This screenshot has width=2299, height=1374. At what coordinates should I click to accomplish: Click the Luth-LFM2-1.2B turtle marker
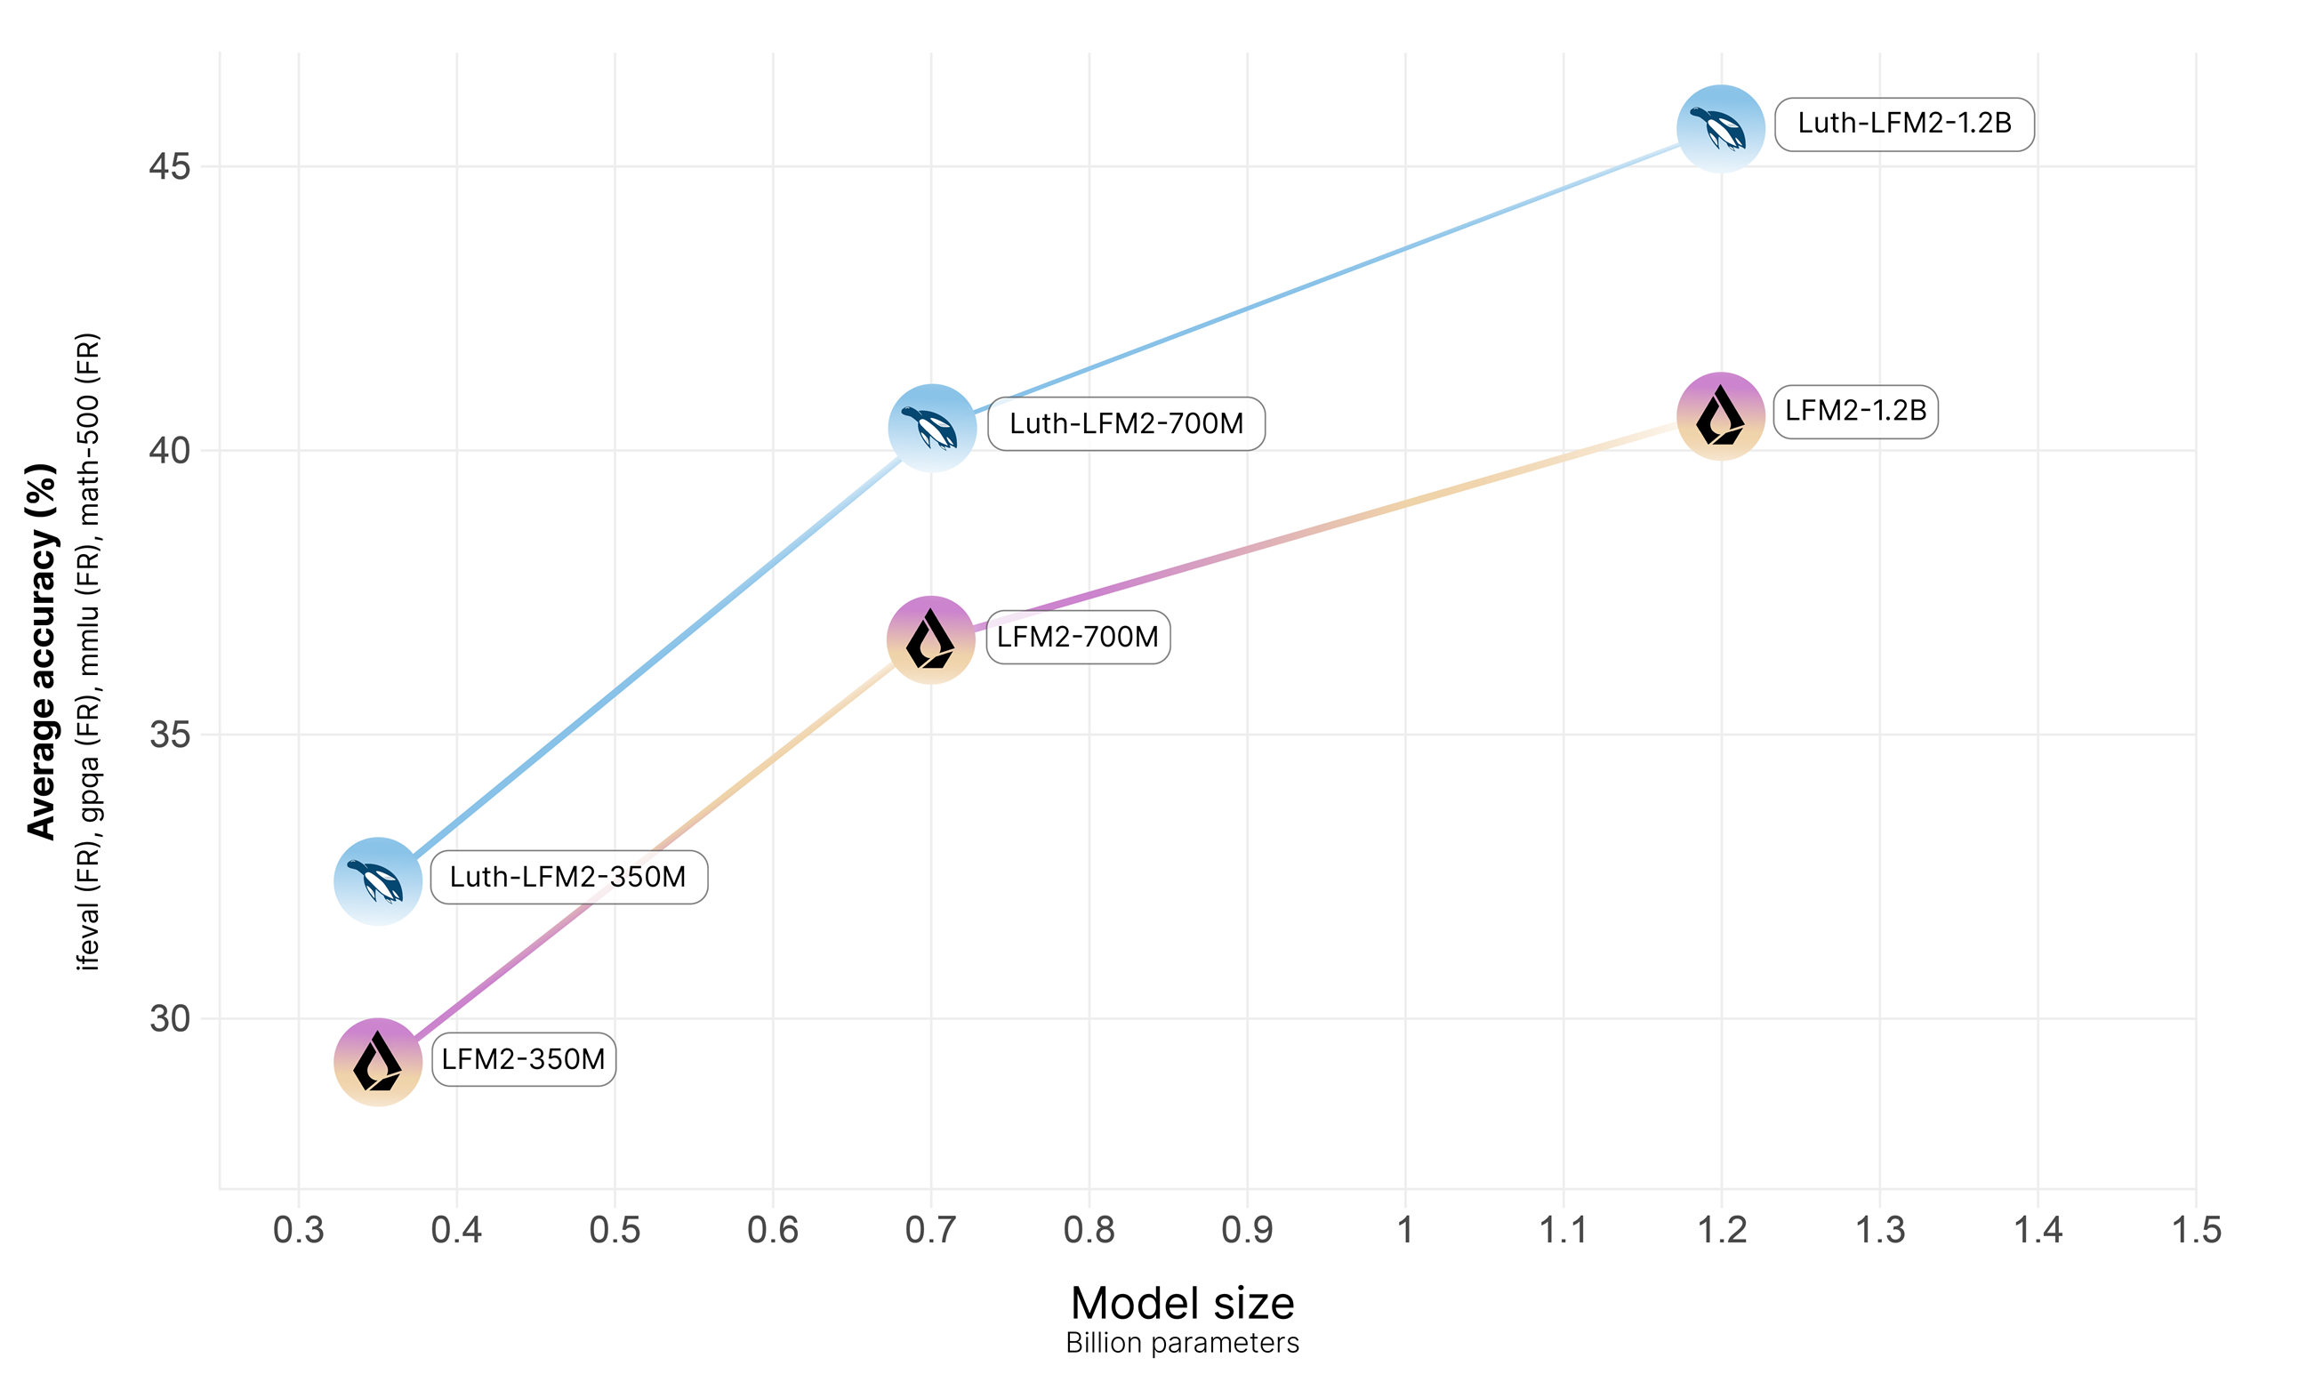(1720, 128)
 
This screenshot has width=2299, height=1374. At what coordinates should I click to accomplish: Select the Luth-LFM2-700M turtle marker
(931, 428)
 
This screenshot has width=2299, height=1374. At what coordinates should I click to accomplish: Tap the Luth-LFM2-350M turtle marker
(378, 880)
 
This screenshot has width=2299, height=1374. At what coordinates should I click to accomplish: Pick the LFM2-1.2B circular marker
(1720, 415)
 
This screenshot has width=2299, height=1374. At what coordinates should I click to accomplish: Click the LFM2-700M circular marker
(930, 639)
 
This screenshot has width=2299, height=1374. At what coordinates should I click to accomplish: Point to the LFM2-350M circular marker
(378, 1062)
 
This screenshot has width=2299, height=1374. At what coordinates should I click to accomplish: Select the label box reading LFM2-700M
(1078, 637)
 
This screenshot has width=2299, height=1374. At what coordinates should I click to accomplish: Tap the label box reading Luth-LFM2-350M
(568, 877)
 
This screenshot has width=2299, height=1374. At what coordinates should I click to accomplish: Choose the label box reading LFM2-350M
(523, 1059)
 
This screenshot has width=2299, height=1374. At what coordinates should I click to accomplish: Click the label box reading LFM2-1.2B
(1854, 411)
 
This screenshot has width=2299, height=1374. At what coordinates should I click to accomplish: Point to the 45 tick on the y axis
(170, 167)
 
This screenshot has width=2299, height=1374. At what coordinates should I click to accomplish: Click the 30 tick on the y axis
(170, 1018)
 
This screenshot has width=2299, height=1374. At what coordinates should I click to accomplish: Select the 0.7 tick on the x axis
(930, 1231)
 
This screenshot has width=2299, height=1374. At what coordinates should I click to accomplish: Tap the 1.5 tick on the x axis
(2195, 1231)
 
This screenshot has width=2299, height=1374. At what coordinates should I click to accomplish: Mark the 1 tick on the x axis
(1404, 1231)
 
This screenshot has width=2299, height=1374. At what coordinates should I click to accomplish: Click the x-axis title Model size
(1181, 1303)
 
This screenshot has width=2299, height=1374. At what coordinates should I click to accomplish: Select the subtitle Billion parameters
(1181, 1343)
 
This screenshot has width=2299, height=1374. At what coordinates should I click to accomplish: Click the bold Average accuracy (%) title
(42, 652)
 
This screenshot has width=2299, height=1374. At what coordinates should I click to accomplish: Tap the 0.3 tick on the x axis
(298, 1231)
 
